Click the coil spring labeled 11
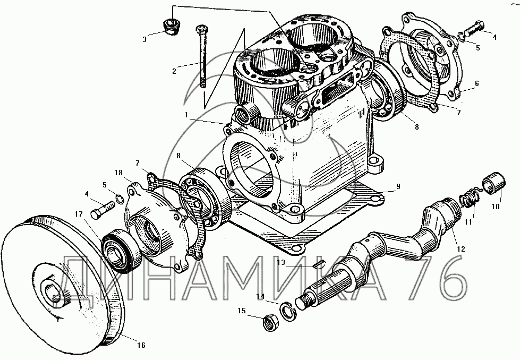coord(470,199)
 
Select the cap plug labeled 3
coord(171,27)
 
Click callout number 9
coord(398,186)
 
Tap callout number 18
coord(118,173)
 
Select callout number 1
coord(186,115)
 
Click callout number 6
coord(477,83)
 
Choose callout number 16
coord(141,345)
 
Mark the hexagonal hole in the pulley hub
coord(53,294)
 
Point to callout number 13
coord(281,262)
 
